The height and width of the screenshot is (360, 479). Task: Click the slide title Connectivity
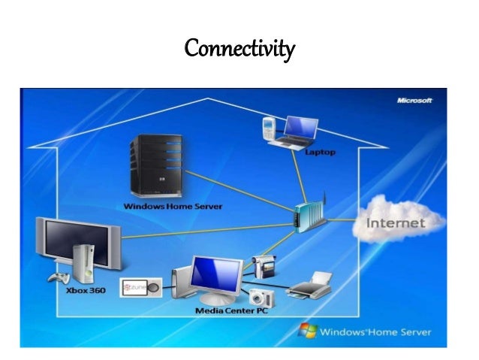coord(239,50)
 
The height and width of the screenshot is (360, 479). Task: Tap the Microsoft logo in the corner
coord(414,100)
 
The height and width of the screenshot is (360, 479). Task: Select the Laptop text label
coord(320,152)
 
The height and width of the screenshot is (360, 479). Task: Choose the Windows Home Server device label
coord(173,206)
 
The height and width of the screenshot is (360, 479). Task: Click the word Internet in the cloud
coord(396,222)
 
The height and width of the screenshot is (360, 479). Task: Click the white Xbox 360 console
coord(86,265)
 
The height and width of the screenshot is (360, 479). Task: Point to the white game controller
coord(58,279)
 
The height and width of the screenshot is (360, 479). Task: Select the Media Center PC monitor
coord(215,275)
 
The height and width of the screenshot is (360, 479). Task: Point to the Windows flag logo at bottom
coord(307,331)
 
